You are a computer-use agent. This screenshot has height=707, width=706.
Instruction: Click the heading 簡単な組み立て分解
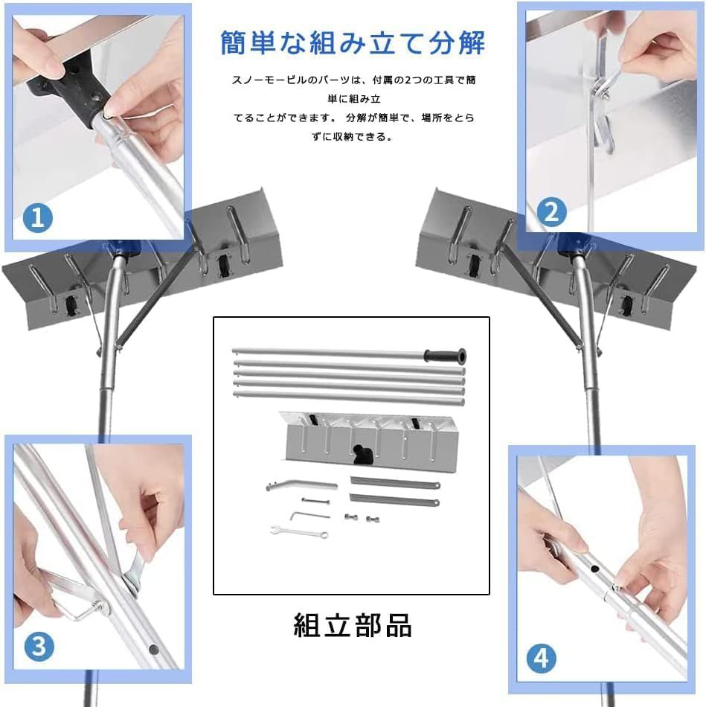(353, 42)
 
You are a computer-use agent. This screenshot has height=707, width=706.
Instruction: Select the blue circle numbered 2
(551, 213)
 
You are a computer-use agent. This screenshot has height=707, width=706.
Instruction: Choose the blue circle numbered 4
(542, 657)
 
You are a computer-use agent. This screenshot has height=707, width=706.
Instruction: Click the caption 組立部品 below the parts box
(352, 625)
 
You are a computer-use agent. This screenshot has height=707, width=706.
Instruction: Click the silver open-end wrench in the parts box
(298, 531)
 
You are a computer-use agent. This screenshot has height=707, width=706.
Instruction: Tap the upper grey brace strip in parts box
(394, 484)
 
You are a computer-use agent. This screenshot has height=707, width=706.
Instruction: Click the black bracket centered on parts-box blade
(362, 452)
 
